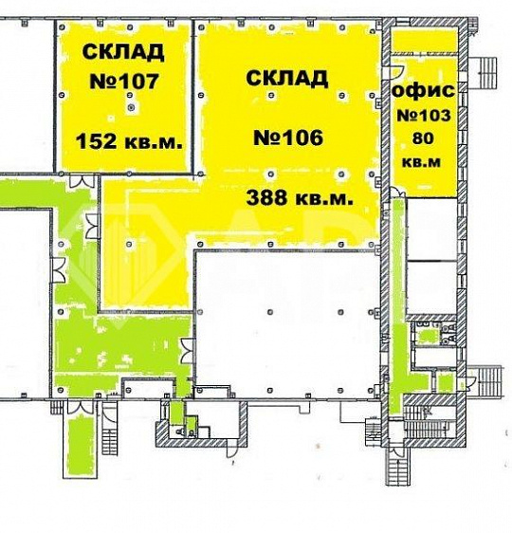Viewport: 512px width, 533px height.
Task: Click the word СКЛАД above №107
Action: [x=123, y=51]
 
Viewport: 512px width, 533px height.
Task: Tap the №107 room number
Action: [x=123, y=83]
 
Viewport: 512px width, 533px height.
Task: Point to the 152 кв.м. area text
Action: [x=129, y=142]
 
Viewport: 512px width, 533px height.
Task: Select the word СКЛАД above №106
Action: [x=287, y=78]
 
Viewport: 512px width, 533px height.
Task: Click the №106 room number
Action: [x=289, y=138]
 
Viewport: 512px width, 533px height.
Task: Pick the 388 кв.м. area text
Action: [x=301, y=199]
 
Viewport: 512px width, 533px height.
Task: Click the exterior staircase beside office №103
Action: [x=488, y=68]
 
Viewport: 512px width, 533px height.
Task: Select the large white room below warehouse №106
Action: [x=289, y=318]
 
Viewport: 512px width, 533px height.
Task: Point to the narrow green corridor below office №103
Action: [x=399, y=285]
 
